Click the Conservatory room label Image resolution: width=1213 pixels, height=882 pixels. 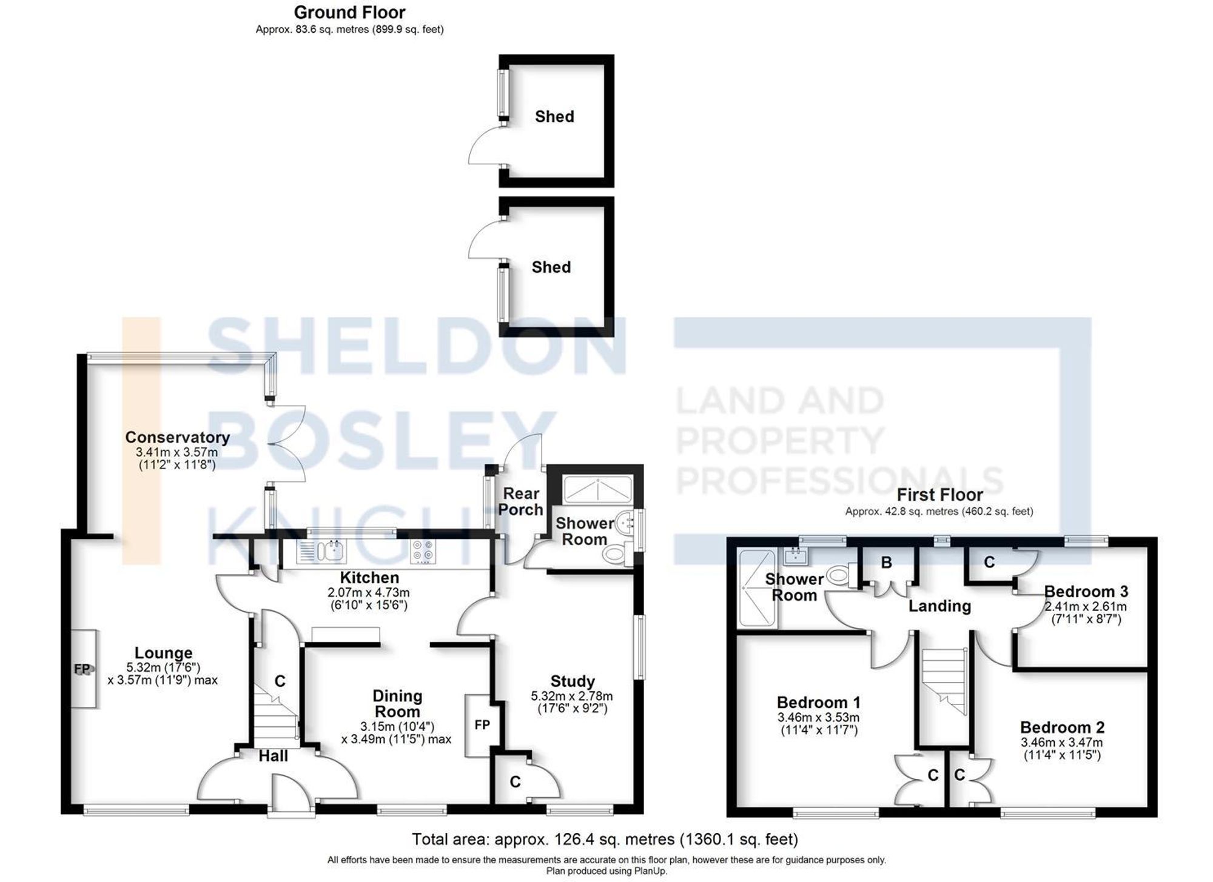[x=177, y=437]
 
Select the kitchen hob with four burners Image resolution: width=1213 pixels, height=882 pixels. [x=423, y=552]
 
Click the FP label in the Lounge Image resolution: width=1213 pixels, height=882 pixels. [x=82, y=669]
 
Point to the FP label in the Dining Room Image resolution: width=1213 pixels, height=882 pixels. [x=482, y=725]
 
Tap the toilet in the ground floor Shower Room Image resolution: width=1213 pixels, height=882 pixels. [x=616, y=553]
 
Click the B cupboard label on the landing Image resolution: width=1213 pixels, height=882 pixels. [x=886, y=563]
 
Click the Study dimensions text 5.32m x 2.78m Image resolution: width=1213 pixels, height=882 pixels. [x=572, y=696]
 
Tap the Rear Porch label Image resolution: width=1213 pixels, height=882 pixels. [x=520, y=502]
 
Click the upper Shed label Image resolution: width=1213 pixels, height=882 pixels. [x=554, y=116]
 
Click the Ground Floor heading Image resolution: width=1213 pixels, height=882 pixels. [x=349, y=12]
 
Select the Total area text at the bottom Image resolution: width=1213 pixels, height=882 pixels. [x=605, y=839]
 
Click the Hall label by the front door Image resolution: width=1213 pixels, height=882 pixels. [x=274, y=756]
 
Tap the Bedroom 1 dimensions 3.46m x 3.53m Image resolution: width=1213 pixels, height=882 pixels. [x=818, y=717]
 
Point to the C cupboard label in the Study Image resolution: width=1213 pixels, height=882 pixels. [x=515, y=782]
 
